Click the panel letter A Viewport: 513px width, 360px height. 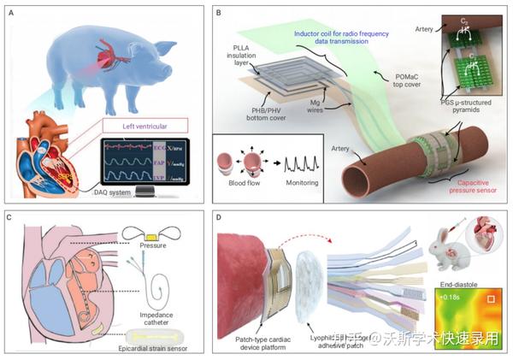tap(10, 9)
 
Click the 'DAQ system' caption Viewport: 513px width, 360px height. tap(127, 192)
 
